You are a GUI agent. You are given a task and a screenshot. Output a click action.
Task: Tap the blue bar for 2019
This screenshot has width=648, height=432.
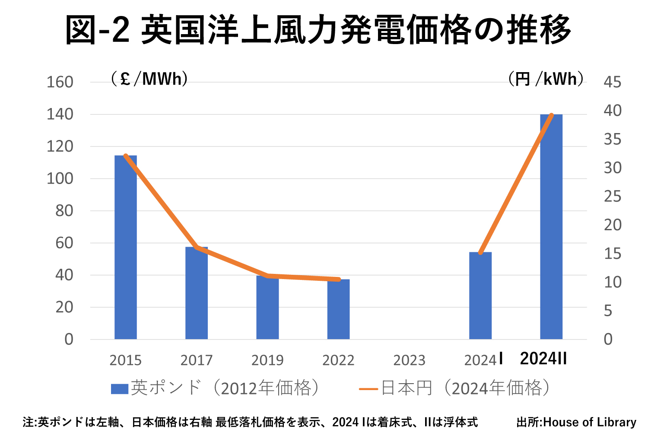[x=267, y=307]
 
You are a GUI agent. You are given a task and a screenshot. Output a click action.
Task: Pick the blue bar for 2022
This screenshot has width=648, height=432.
[x=338, y=309]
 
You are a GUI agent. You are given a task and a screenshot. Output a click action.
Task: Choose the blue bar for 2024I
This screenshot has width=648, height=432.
[x=480, y=295]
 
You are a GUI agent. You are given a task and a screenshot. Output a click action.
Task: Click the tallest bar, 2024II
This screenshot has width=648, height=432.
[x=551, y=227]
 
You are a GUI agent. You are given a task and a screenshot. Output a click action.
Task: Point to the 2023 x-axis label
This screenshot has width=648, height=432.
[x=409, y=360]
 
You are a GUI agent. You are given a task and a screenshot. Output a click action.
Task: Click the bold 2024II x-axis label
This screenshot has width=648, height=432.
[x=543, y=359]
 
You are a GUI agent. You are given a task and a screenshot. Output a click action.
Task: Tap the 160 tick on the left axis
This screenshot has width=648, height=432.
[x=60, y=82]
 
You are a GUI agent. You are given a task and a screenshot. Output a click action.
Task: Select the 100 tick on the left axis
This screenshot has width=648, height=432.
[x=60, y=178]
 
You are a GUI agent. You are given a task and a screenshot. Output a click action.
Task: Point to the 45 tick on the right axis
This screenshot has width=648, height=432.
[x=612, y=82]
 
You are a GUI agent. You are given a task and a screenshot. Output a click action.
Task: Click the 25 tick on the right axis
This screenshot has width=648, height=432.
[x=612, y=197]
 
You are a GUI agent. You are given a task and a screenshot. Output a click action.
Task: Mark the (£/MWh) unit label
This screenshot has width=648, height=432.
[x=149, y=79]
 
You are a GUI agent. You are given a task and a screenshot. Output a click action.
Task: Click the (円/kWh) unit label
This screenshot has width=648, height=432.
[x=546, y=79]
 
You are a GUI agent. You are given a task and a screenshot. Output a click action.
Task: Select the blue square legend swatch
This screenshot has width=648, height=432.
[x=120, y=389]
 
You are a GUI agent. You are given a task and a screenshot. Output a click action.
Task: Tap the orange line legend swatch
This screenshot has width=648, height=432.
[x=368, y=389]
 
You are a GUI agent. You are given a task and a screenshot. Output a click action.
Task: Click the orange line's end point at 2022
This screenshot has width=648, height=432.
[x=339, y=280]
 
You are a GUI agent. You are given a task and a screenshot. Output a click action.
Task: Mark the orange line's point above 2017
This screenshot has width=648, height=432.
[x=197, y=248]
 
